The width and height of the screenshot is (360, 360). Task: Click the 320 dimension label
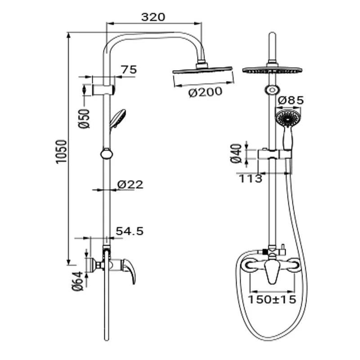click(153, 17)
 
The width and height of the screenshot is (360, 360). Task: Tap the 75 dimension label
click(129, 69)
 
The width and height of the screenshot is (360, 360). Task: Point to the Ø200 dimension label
click(205, 92)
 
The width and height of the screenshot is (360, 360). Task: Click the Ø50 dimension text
click(84, 118)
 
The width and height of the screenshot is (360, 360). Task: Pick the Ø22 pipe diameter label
click(130, 184)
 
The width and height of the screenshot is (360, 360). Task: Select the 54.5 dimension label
click(130, 231)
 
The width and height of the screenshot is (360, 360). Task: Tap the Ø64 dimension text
click(77, 281)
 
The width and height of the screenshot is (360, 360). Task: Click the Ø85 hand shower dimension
click(291, 100)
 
